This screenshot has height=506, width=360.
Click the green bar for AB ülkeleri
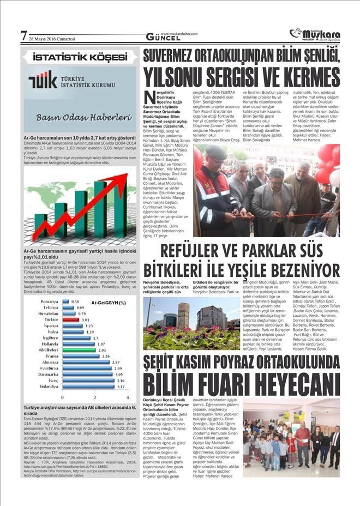[x=80, y=350]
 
